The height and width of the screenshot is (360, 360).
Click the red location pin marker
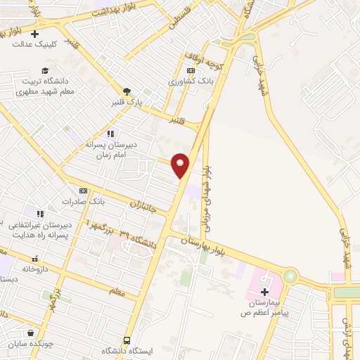click(x=181, y=165)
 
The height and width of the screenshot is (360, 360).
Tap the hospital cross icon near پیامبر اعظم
click(x=264, y=292)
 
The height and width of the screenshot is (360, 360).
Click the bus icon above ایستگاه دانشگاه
click(x=127, y=340)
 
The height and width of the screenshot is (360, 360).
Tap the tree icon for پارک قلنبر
click(x=127, y=91)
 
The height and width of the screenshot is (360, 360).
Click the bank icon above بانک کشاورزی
click(x=190, y=71)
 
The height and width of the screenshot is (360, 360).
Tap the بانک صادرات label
click(x=83, y=201)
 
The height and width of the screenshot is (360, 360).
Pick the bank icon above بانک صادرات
click(x=83, y=191)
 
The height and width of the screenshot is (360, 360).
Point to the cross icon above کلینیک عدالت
click(x=34, y=33)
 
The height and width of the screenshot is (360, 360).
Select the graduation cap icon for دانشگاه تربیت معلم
click(x=45, y=70)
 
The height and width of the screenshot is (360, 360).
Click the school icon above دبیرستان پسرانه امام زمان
click(x=110, y=133)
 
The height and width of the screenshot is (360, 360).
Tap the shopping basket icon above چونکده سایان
click(x=30, y=333)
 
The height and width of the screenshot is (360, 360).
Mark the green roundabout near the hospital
click(x=290, y=276)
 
